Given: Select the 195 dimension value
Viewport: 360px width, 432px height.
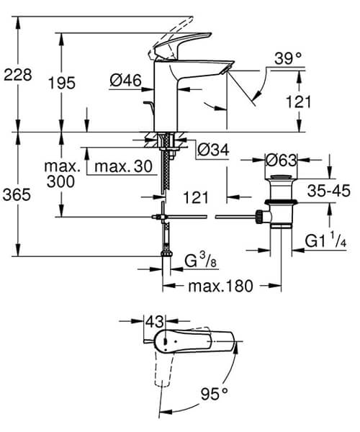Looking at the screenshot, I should coord(62,83).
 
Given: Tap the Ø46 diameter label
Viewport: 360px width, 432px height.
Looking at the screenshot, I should coord(124,82).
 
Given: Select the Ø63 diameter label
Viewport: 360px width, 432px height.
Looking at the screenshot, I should coord(281,159).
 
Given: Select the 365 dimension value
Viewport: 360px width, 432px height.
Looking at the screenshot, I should coord(17,195).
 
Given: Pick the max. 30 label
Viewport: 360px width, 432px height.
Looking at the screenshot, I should coord(124,167).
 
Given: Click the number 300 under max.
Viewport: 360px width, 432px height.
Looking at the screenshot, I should coord(58,183).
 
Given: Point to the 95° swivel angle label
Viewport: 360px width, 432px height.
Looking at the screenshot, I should coord(214,393).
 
